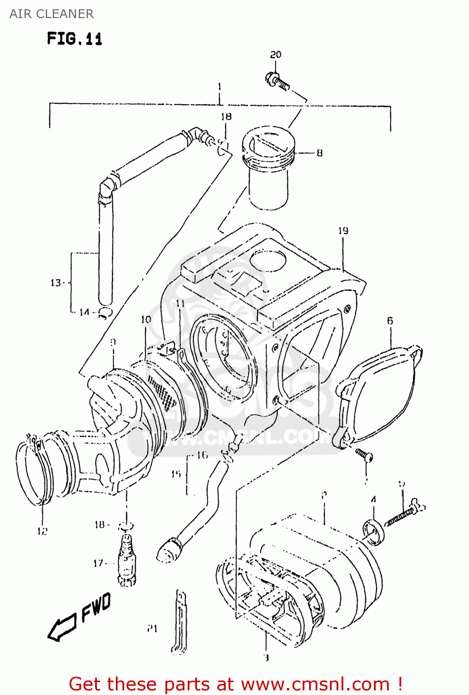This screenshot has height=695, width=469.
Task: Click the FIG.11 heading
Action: pos(74,38)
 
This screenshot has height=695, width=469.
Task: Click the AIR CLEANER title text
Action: pos(51,14)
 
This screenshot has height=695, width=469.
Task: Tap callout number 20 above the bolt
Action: pos(276,55)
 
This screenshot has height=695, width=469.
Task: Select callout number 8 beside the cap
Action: pos(320,153)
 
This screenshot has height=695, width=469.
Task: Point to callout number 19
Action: pos(343,231)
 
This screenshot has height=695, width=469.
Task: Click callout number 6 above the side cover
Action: pos(390,321)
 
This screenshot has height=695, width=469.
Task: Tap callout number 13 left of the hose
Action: pos(56,283)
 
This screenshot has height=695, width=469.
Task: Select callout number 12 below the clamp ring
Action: pos(42,531)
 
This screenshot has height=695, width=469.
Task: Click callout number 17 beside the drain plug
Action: pos(98,563)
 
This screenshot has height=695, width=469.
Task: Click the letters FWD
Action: pos(96,607)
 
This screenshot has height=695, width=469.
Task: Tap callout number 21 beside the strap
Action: pos(152,629)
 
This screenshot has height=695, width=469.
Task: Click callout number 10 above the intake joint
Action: pos(146,319)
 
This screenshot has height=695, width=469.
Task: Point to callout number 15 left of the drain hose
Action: pos(176,474)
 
